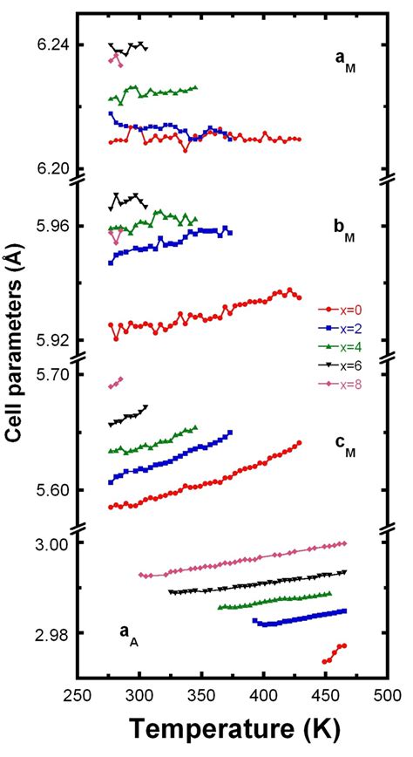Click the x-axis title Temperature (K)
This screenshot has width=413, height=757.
pyautogui.click(x=232, y=729)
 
